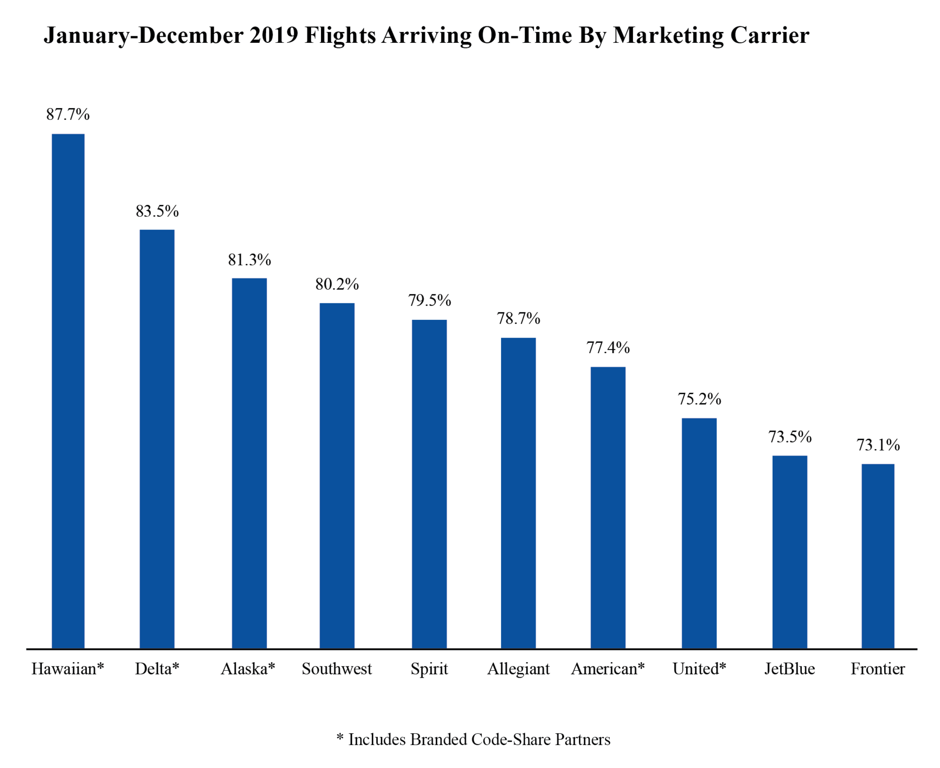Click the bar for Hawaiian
(x=68, y=390)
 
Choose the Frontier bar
(x=877, y=556)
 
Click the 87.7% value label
(x=68, y=114)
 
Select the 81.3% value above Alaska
(x=249, y=260)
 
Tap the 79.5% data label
(x=429, y=300)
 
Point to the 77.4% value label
(x=608, y=348)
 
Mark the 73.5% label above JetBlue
(x=790, y=437)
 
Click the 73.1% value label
(x=877, y=445)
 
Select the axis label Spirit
(x=429, y=668)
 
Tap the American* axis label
(x=608, y=668)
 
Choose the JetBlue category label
(x=790, y=668)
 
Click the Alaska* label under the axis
(x=248, y=668)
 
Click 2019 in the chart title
(x=274, y=36)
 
